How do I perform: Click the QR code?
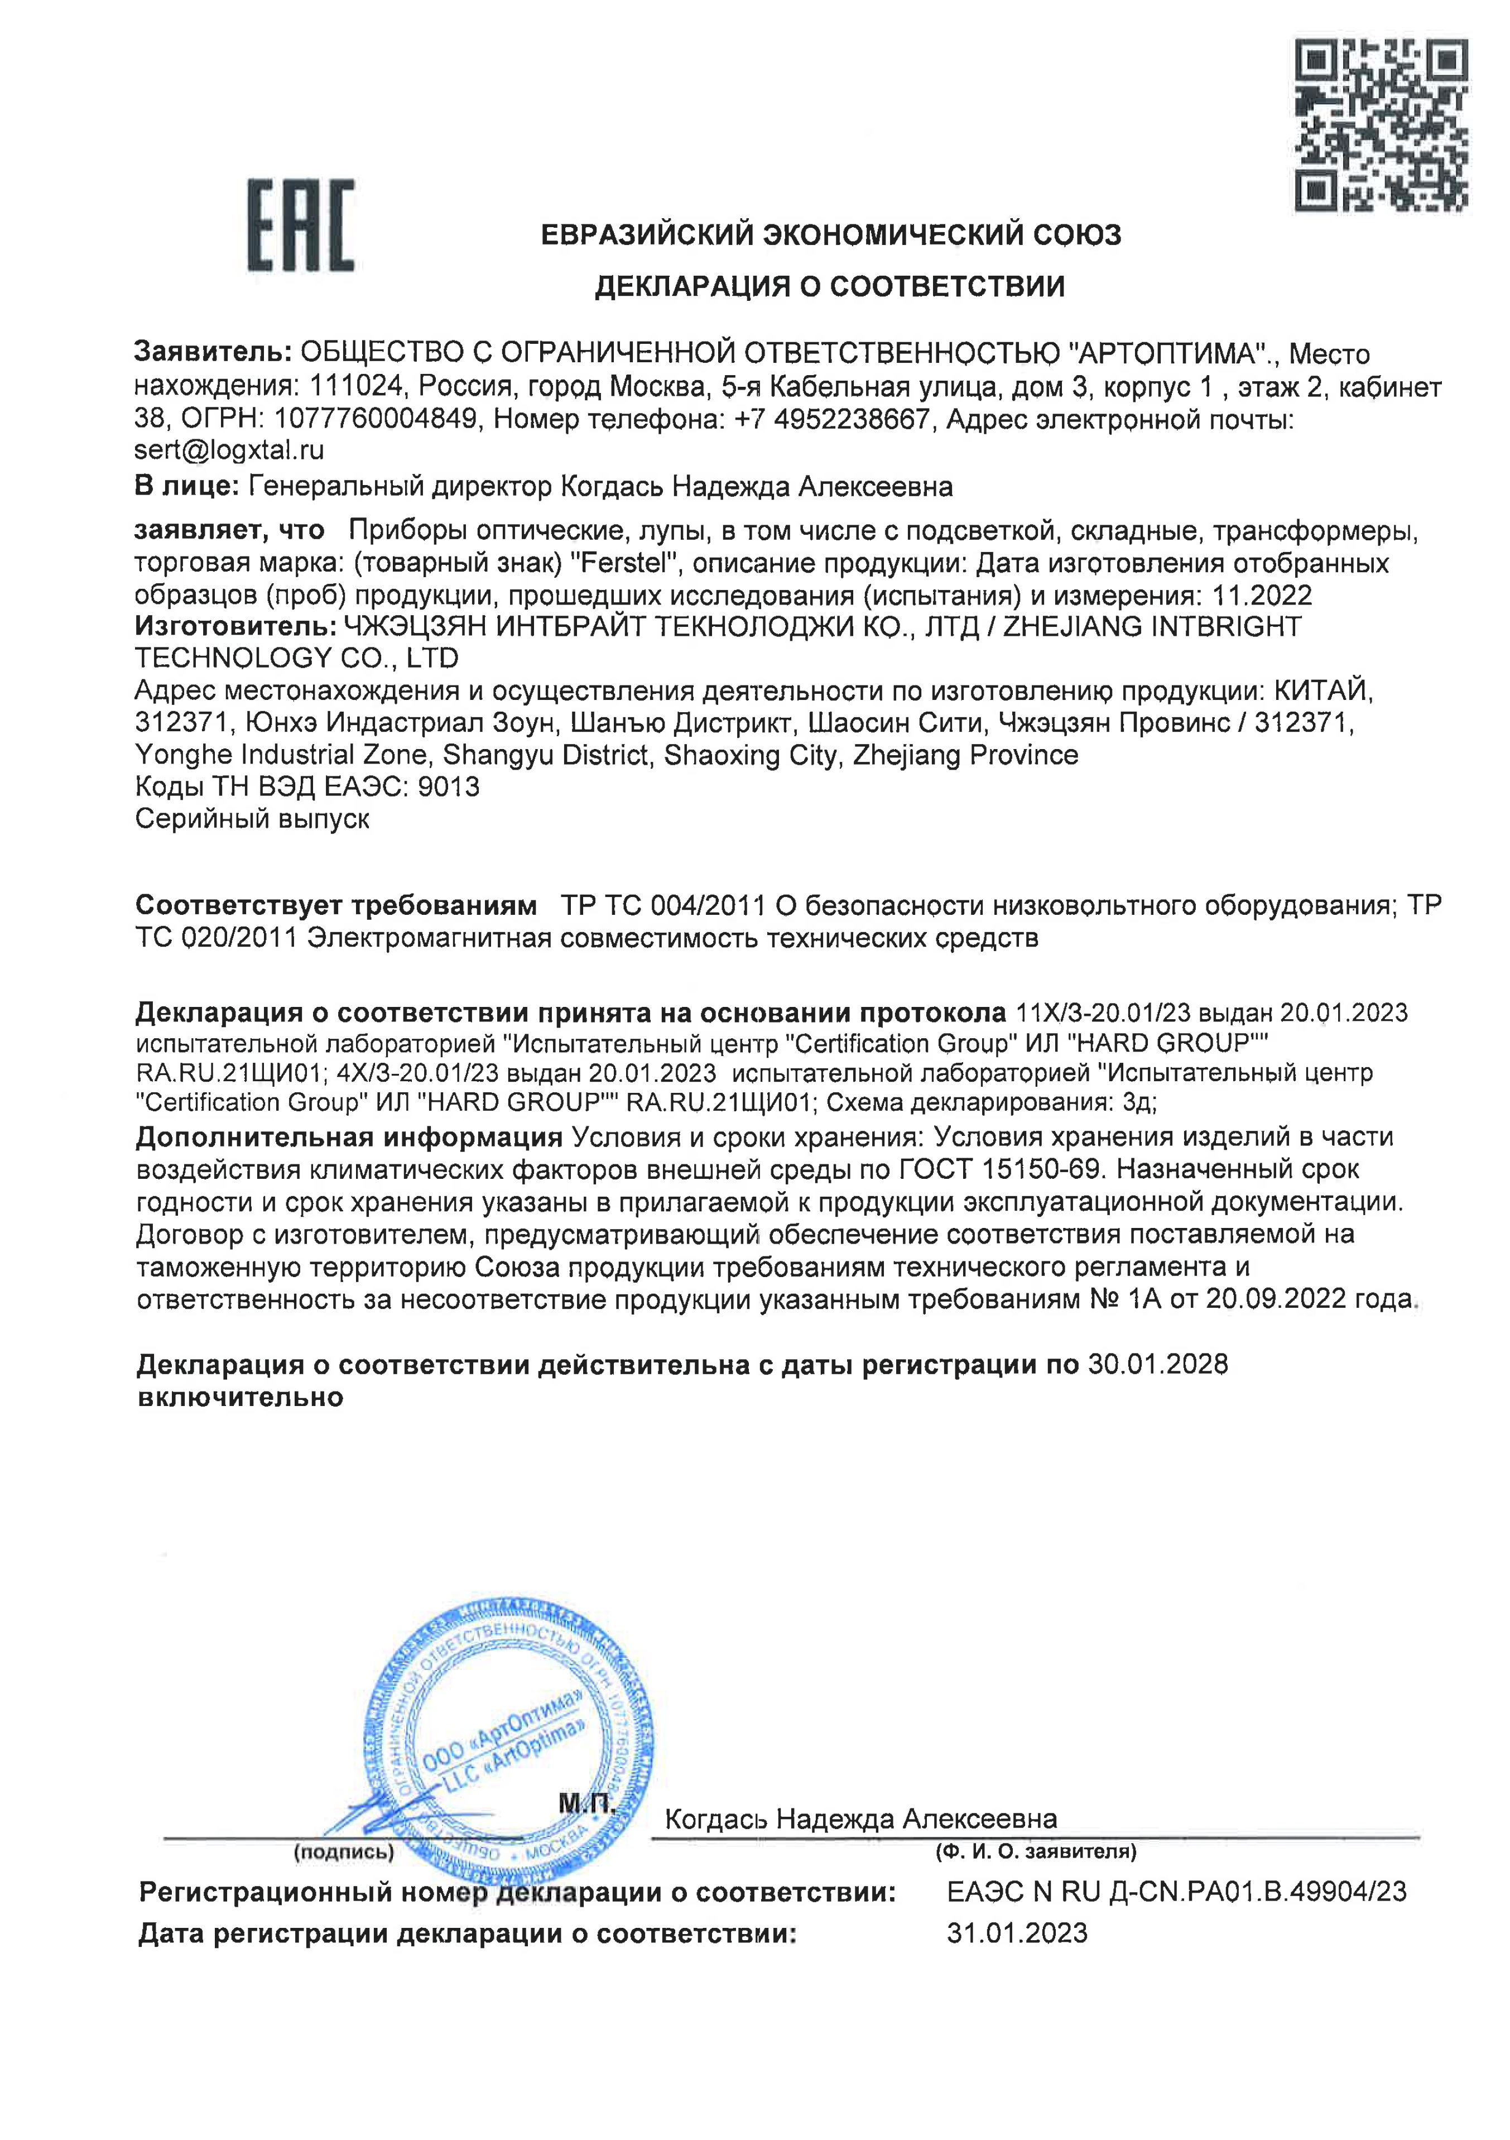pyautogui.click(x=1381, y=125)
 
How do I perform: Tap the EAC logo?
pyautogui.click(x=300, y=225)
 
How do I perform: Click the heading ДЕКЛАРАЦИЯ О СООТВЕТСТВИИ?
pyautogui.click(x=830, y=286)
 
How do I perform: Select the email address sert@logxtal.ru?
pyautogui.click(x=229, y=450)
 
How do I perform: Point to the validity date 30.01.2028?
pyautogui.click(x=1158, y=1365)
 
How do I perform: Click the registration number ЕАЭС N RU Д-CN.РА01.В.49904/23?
pyautogui.click(x=1176, y=1892)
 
